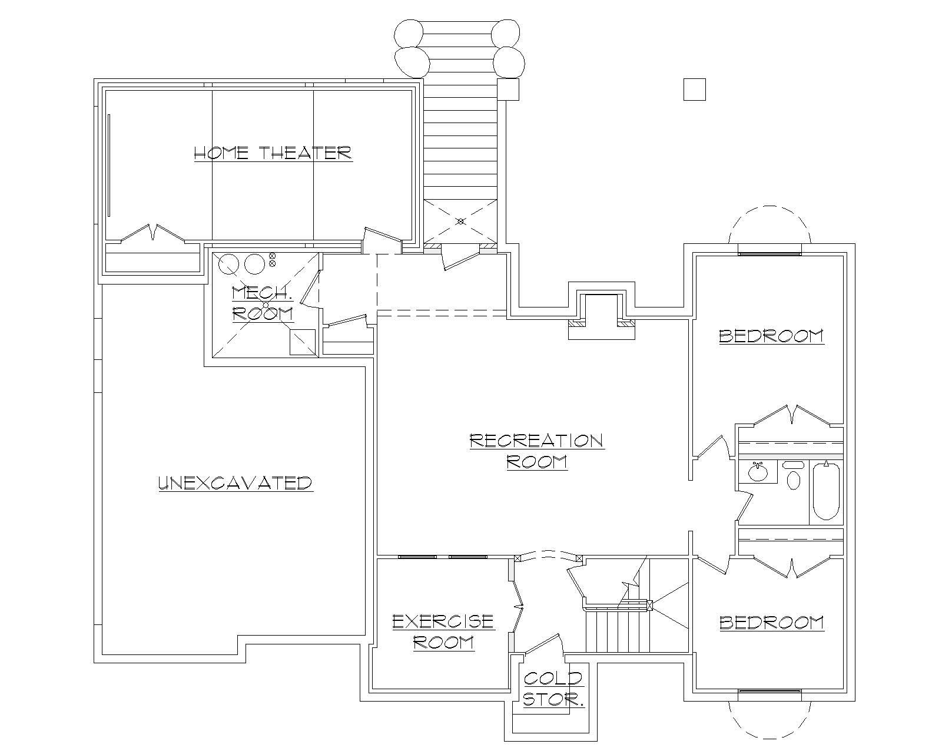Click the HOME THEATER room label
(x=273, y=153)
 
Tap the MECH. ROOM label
(x=263, y=303)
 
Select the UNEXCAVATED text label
(x=235, y=483)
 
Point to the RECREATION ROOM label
(x=536, y=451)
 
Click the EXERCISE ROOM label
(x=443, y=631)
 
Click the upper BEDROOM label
(x=771, y=336)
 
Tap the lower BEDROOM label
(x=771, y=623)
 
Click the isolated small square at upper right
(x=694, y=90)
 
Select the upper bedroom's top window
(x=769, y=254)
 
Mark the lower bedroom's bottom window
(x=769, y=690)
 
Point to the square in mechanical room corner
(x=303, y=342)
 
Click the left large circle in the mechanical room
(x=228, y=264)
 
